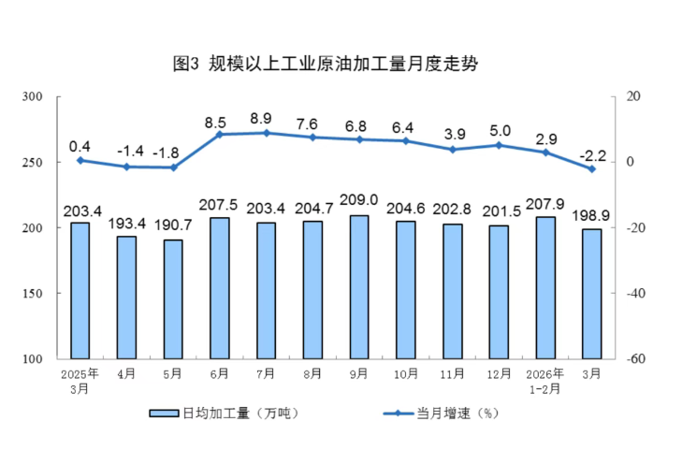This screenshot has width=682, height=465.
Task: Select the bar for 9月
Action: point(359,287)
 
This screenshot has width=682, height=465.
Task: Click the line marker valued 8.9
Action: point(266,133)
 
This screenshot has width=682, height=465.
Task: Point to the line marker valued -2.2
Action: point(592,169)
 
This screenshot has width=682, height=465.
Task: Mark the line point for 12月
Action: point(499,145)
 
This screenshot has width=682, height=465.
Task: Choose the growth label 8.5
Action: point(219,122)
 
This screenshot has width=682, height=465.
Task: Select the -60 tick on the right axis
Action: point(633,359)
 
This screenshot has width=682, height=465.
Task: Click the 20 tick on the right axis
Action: point(632,96)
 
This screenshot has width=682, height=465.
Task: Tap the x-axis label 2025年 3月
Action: point(80,380)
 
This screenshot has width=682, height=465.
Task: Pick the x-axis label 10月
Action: point(405,374)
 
